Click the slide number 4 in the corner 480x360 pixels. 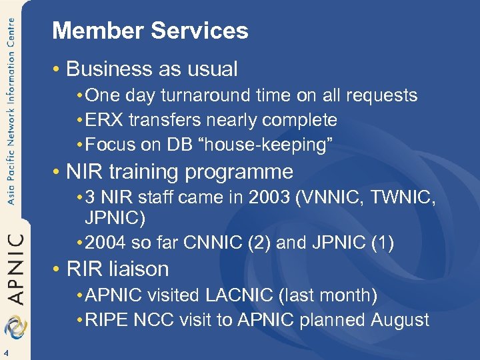tap(5, 353)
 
